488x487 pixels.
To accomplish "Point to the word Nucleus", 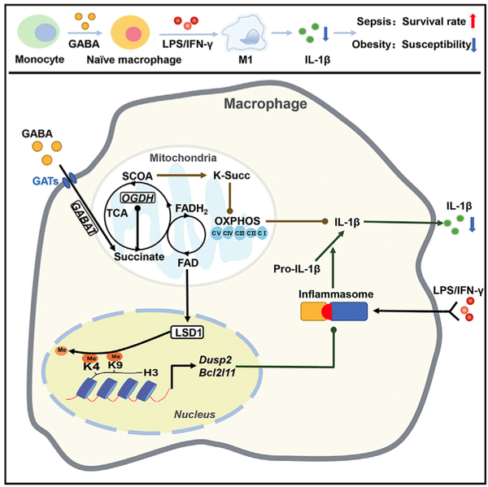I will point(193,414).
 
